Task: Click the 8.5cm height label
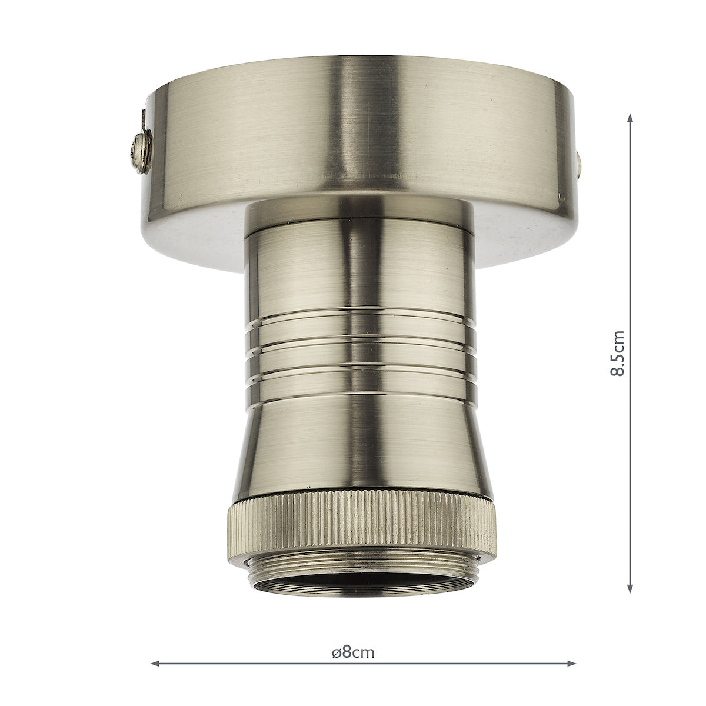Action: click(617, 353)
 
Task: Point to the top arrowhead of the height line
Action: click(630, 118)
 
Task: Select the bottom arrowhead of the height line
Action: click(630, 591)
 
